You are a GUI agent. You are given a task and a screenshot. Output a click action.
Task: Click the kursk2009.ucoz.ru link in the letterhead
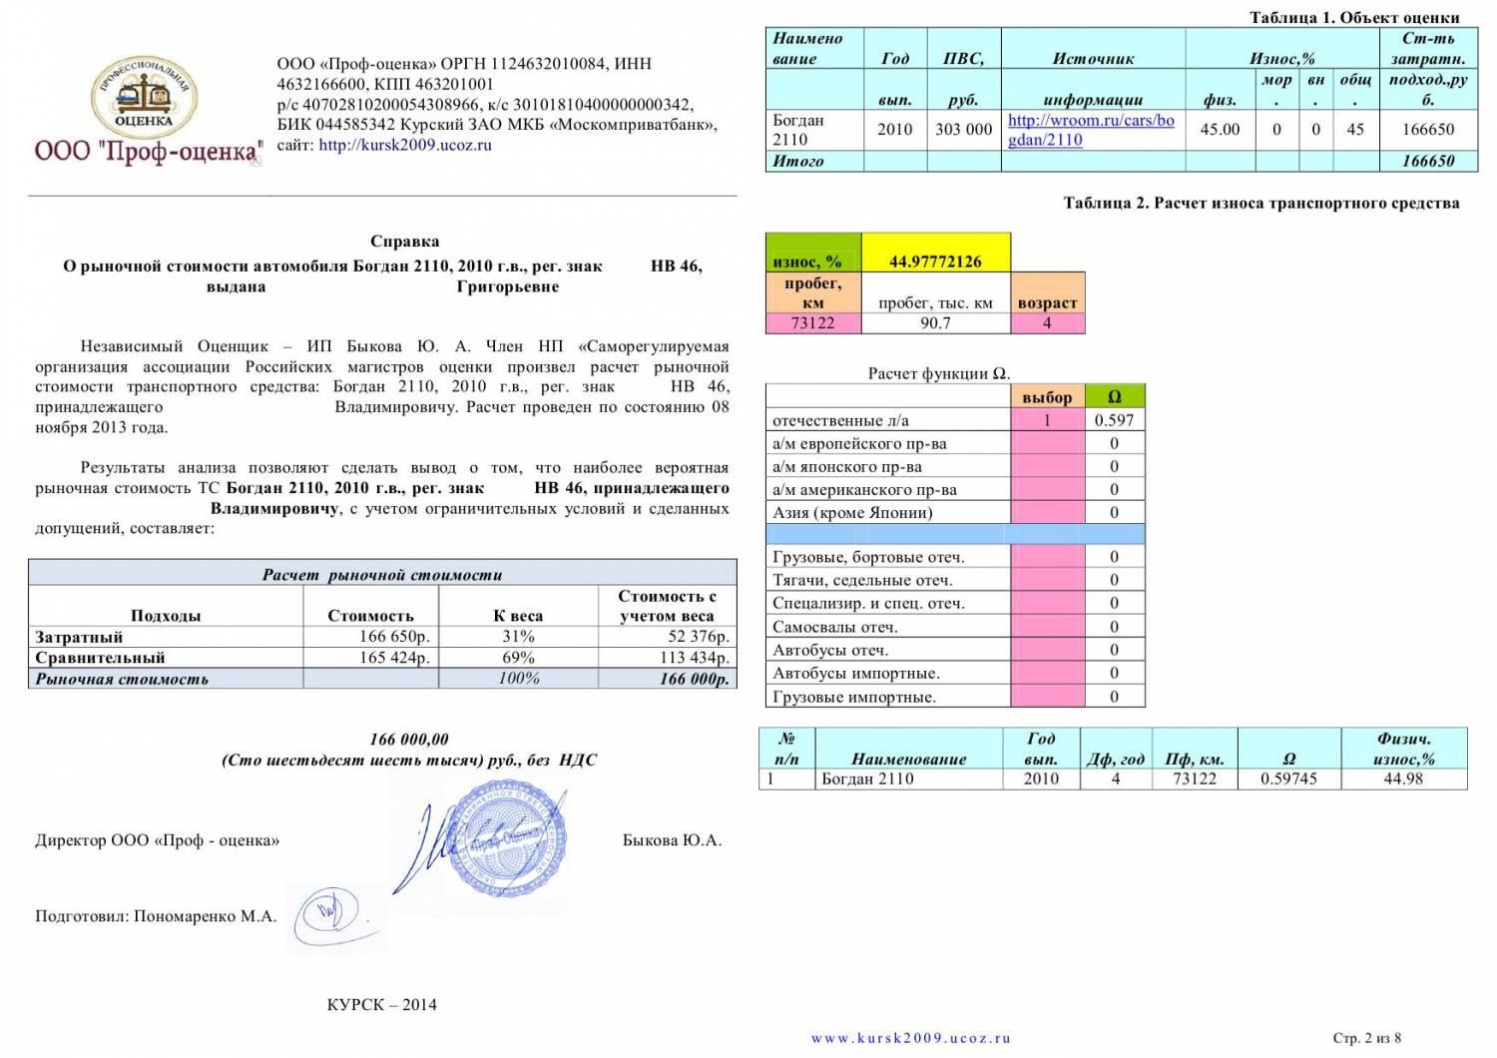[405, 145]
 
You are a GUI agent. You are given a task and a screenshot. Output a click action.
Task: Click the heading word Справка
[404, 242]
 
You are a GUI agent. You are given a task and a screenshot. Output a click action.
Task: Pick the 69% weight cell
[519, 658]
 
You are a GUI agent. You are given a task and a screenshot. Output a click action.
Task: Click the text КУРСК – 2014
[381, 1005]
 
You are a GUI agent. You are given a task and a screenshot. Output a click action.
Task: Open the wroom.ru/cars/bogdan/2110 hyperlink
[1091, 130]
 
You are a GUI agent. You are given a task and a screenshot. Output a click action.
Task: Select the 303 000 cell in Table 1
[963, 130]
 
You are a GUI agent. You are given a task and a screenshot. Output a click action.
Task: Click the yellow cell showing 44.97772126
[935, 262]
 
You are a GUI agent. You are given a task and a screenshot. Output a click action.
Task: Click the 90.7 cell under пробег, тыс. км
[935, 323]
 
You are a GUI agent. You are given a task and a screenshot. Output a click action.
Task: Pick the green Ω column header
[1115, 397]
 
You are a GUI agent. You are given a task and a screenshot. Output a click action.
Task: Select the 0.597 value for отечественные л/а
[1115, 420]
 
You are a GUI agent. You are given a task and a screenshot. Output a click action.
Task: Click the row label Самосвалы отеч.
[835, 627]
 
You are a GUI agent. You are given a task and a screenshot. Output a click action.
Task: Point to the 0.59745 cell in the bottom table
[1288, 779]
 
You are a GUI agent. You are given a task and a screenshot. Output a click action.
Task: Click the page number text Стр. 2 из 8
[1367, 1038]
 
